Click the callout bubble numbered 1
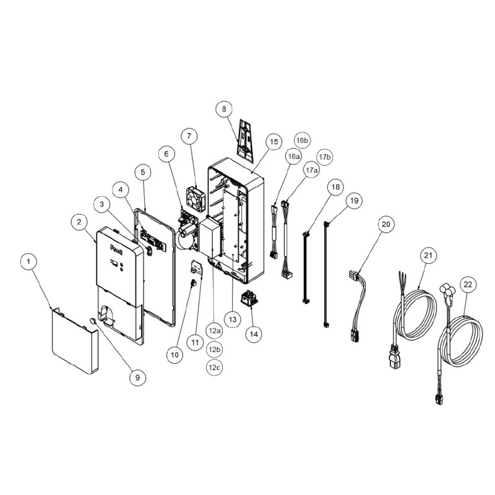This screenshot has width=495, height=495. point(28,262)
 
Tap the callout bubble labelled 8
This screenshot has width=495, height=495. point(224,109)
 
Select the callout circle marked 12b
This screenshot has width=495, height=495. point(214,350)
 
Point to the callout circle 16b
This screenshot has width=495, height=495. point(302,140)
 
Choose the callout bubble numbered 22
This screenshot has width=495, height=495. point(468,285)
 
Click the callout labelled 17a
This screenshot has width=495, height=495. point(311,170)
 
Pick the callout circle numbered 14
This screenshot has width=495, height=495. point(254,334)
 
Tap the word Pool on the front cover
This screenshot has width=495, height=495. point(116,247)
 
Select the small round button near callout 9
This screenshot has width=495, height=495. point(93,321)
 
